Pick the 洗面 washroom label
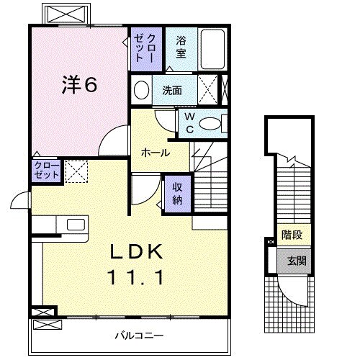171,91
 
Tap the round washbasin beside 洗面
142,91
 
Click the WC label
189,122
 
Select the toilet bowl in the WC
212,124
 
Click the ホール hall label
155,153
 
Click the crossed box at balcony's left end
43,313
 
